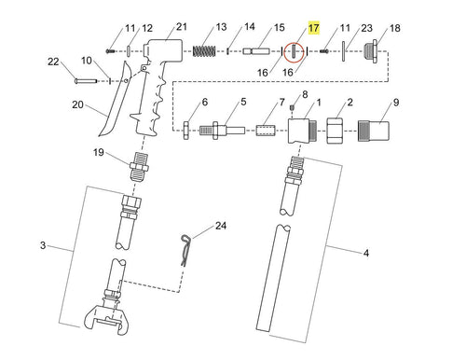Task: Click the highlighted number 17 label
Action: tap(313, 28)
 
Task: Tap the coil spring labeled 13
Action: tap(204, 51)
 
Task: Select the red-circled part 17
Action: tap(294, 51)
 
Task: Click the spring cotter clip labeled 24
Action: tap(185, 250)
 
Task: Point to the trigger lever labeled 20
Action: tap(115, 99)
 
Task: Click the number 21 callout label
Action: tap(182, 27)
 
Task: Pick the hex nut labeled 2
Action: tap(335, 131)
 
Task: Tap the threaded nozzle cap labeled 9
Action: tap(374, 131)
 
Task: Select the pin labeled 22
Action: tap(86, 81)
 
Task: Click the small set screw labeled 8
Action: tap(292, 108)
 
